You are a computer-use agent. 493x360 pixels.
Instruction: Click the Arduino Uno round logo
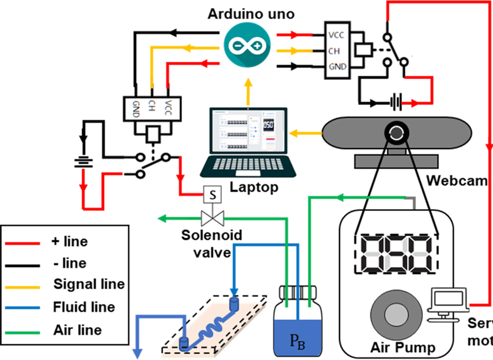click(247, 46)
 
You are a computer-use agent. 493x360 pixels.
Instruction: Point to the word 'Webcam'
click(455, 182)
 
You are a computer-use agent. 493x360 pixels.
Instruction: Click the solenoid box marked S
click(213, 195)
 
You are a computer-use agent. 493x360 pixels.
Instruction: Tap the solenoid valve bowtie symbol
click(213, 217)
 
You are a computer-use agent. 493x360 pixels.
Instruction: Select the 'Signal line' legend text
click(88, 284)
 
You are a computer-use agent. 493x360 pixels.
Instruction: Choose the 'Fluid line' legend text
click(84, 307)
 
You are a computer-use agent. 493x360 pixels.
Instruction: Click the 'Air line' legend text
click(78, 330)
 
